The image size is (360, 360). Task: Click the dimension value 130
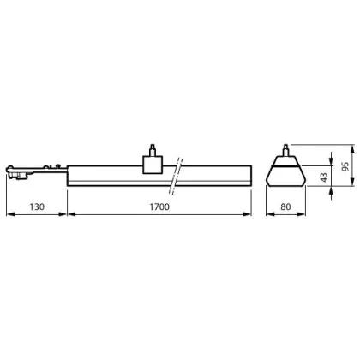pyautogui.click(x=37, y=207)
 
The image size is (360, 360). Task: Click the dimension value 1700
pyautogui.click(x=159, y=207)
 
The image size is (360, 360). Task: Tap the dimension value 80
pyautogui.click(x=285, y=207)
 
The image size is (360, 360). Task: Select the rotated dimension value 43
pyautogui.click(x=324, y=177)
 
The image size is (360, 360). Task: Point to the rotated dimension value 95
pyautogui.click(x=345, y=166)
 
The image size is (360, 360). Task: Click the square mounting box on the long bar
pyautogui.click(x=153, y=165)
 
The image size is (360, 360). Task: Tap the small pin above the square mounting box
pyautogui.click(x=153, y=150)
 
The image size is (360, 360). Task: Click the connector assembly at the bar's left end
pyautogui.click(x=37, y=172)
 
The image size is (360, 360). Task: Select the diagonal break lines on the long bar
pyautogui.click(x=176, y=176)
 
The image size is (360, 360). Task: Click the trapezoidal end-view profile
pyautogui.click(x=285, y=171)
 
